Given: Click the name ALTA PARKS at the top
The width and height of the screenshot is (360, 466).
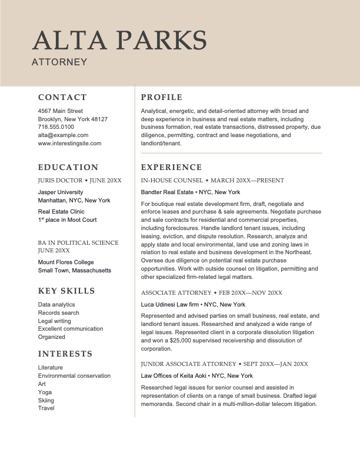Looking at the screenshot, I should pyautogui.click(x=119, y=40).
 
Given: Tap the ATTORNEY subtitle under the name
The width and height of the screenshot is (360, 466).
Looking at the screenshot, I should pyautogui.click(x=59, y=61).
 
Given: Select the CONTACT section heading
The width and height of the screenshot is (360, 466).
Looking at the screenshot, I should pyautogui.click(x=62, y=97).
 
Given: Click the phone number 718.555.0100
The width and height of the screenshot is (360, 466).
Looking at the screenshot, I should pyautogui.click(x=56, y=127).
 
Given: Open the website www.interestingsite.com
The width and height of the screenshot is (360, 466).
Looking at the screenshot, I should pyautogui.click(x=69, y=143).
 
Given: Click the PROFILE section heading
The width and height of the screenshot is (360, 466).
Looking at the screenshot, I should pyautogui.click(x=162, y=97).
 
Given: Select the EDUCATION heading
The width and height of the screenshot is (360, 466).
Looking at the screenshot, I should pyautogui.click(x=68, y=167).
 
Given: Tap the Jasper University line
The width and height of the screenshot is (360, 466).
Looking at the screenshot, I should pyautogui.click(x=61, y=192).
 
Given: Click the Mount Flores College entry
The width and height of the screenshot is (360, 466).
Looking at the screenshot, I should pyautogui.click(x=66, y=262).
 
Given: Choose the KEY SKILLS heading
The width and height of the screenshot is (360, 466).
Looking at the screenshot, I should pyautogui.click(x=66, y=291).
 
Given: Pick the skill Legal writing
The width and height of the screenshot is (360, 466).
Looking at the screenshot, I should pyautogui.click(x=55, y=321).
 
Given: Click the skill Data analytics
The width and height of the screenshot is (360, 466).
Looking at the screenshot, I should pyautogui.click(x=56, y=305).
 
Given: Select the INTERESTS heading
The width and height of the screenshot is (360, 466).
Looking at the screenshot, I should pyautogui.click(x=65, y=354).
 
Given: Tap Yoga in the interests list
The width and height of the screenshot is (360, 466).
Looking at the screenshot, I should pyautogui.click(x=45, y=392).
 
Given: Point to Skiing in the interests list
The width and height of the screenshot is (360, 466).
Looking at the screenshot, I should pyautogui.click(x=46, y=400).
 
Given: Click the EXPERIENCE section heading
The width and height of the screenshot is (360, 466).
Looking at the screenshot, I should pyautogui.click(x=171, y=167).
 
